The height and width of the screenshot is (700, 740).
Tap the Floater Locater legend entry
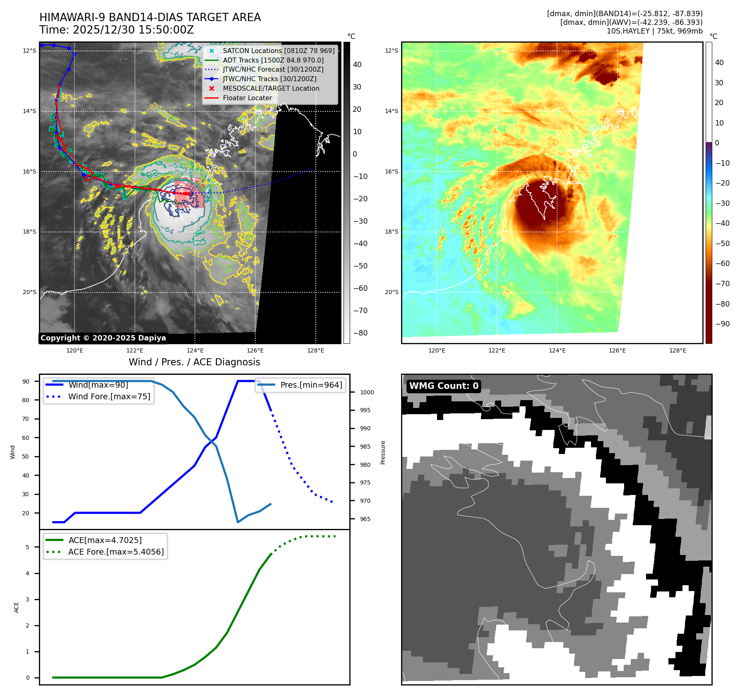(x=247, y=98)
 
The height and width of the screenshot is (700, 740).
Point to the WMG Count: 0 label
(x=444, y=386)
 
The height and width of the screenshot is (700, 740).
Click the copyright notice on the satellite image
(x=103, y=338)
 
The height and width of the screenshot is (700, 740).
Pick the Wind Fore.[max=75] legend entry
(x=109, y=396)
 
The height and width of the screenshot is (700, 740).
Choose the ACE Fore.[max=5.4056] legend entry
(x=115, y=552)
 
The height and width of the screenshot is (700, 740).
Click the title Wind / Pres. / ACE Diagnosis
(x=194, y=362)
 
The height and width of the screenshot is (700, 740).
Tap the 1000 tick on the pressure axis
(x=367, y=392)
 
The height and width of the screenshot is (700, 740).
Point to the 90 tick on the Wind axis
(x=26, y=381)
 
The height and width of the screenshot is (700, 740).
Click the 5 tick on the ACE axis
(x=28, y=547)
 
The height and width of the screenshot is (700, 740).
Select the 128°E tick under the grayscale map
(x=315, y=351)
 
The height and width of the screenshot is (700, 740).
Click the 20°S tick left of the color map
(x=392, y=292)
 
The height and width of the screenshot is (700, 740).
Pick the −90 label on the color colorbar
(x=722, y=324)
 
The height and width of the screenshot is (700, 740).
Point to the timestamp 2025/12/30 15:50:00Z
(x=133, y=30)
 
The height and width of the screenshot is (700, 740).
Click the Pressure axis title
(x=383, y=452)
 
